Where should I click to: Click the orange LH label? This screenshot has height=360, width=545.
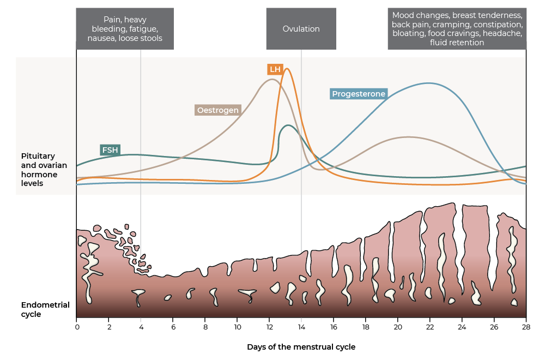point(275,69)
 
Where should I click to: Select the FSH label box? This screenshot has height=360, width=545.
point(110,150)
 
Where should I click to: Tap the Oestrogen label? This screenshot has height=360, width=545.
point(218,110)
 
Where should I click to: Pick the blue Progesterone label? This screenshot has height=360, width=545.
point(359,94)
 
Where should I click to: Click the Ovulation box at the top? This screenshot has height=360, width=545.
point(301,29)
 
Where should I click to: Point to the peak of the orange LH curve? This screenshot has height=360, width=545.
point(287,69)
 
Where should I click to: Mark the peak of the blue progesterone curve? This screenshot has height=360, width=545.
point(428,83)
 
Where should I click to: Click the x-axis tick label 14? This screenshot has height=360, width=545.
point(301,327)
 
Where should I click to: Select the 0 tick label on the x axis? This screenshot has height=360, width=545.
point(77,327)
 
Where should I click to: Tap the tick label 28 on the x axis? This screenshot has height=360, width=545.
point(526,327)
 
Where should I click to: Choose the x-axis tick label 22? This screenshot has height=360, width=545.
point(430,327)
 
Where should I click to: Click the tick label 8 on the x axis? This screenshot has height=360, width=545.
point(205,327)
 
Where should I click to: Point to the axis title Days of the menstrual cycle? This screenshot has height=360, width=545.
point(301,347)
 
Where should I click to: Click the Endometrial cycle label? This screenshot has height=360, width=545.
point(45,310)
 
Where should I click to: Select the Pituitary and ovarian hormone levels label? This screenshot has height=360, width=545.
point(44,170)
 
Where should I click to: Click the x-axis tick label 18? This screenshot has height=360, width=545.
point(366,327)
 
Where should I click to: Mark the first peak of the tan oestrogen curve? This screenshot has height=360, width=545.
point(271,79)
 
